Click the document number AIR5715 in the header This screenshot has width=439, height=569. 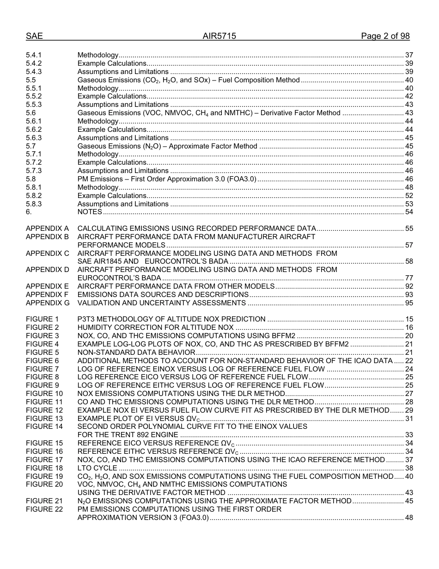pyautogui.click(x=219, y=36)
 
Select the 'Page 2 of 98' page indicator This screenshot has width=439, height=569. pyautogui.click(x=385, y=36)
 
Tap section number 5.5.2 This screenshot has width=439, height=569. pyautogui.click(x=34, y=96)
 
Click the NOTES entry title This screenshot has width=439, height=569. pyautogui.click(x=90, y=212)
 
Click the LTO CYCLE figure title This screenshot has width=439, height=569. pyautogui.click(x=97, y=468)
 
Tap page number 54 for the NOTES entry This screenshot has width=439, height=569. pyautogui.click(x=409, y=212)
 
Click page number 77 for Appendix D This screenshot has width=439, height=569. pyautogui.click(x=409, y=278)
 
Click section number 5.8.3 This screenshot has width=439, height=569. pyautogui.click(x=34, y=204)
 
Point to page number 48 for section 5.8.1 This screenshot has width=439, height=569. pyautogui.click(x=409, y=187)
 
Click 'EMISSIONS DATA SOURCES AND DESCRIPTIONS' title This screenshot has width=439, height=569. pyautogui.click(x=163, y=295)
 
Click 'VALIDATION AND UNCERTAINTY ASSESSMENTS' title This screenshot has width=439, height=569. pyautogui.click(x=161, y=303)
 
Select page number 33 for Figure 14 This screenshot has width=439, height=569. pyautogui.click(x=409, y=435)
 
